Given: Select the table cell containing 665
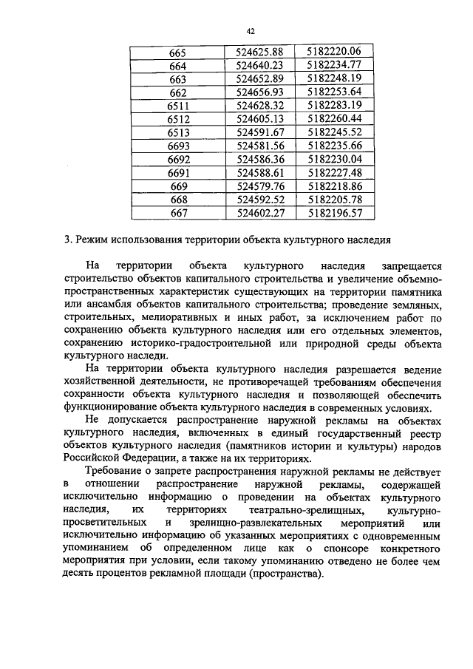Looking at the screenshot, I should [177, 52].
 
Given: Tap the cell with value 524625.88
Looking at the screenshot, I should [260, 52].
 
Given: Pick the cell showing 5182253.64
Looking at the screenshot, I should [334, 92].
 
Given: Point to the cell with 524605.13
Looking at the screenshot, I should [260, 119].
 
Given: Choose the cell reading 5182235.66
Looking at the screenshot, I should [334, 146].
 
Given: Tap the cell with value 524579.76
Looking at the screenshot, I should [260, 186].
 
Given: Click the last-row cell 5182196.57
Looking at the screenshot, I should [334, 212].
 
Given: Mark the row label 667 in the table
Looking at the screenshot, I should [178, 212].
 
